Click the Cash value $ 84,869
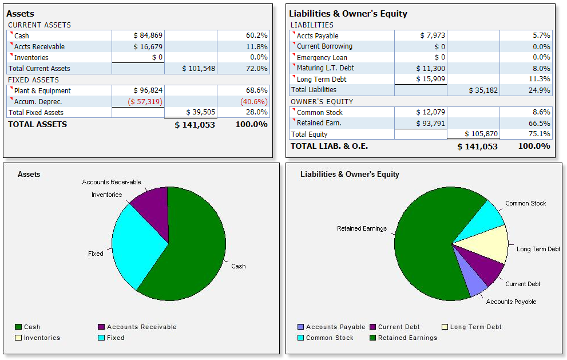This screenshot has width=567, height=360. pos(148,35)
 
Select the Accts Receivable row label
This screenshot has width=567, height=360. pos(39,46)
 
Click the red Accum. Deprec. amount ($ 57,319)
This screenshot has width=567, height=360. pos(145,101)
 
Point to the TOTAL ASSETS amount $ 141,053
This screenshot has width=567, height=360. pos(195,125)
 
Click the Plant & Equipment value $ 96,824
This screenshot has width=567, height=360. pos(148,90)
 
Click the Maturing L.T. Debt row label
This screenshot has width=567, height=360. pos(325,68)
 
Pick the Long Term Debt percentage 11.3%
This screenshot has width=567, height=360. pos(538,79)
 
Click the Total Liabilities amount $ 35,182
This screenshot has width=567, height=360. pos(483,90)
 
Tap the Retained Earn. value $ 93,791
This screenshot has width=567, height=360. pos(430,123)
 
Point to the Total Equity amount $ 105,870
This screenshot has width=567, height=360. pos(481,134)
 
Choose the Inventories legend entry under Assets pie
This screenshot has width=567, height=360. pos(41,338)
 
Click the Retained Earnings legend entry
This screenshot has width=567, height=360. pos(407,338)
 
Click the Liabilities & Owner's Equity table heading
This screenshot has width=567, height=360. pos(348,14)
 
